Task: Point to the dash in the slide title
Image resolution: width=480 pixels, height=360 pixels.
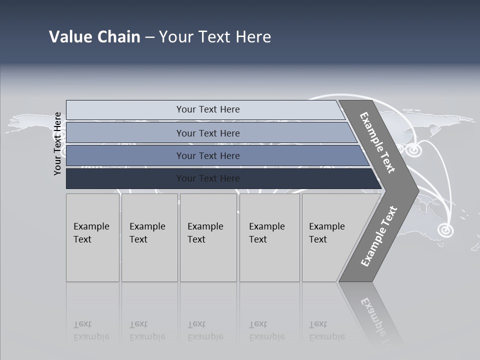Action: pyautogui.click(x=149, y=37)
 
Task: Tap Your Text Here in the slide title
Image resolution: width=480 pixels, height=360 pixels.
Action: pyautogui.click(x=215, y=37)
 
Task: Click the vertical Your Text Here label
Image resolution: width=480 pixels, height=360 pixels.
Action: pyautogui.click(x=57, y=143)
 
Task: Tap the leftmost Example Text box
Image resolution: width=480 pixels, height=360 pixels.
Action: pyautogui.click(x=92, y=237)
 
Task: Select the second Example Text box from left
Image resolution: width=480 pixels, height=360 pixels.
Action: pyautogui.click(x=149, y=237)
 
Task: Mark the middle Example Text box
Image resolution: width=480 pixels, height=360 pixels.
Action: pyautogui.click(x=208, y=237)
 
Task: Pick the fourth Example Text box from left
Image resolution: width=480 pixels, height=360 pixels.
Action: pyautogui.click(x=269, y=237)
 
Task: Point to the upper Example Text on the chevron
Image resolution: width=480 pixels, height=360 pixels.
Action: pyautogui.click(x=377, y=142)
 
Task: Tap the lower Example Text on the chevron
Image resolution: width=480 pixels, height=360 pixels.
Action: pyautogui.click(x=378, y=236)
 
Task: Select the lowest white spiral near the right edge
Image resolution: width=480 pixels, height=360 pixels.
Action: pyautogui.click(x=444, y=230)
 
